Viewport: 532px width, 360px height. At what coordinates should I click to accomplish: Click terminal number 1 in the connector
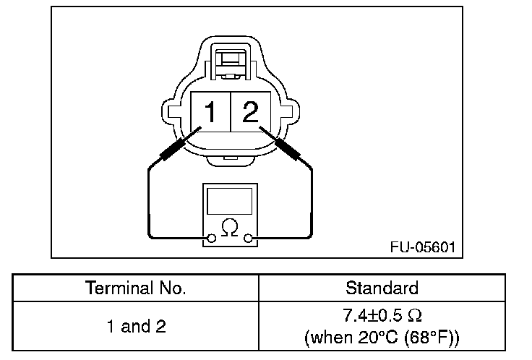(x=210, y=111)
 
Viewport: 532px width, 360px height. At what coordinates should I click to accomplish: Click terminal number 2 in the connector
(x=250, y=111)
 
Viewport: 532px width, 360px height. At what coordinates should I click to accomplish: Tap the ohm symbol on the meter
(x=230, y=227)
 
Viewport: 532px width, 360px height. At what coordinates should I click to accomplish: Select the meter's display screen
(x=230, y=201)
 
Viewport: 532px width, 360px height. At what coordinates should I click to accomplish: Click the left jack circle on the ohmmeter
(x=211, y=239)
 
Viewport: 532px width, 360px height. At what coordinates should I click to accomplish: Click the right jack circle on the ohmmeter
(x=248, y=239)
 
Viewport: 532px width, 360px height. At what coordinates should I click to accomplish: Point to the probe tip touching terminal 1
(x=201, y=127)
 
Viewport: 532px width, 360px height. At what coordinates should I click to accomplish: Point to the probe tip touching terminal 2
(x=260, y=127)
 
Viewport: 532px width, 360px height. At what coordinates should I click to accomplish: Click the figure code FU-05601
(x=423, y=247)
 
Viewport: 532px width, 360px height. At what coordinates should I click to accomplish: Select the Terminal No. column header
(x=135, y=288)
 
